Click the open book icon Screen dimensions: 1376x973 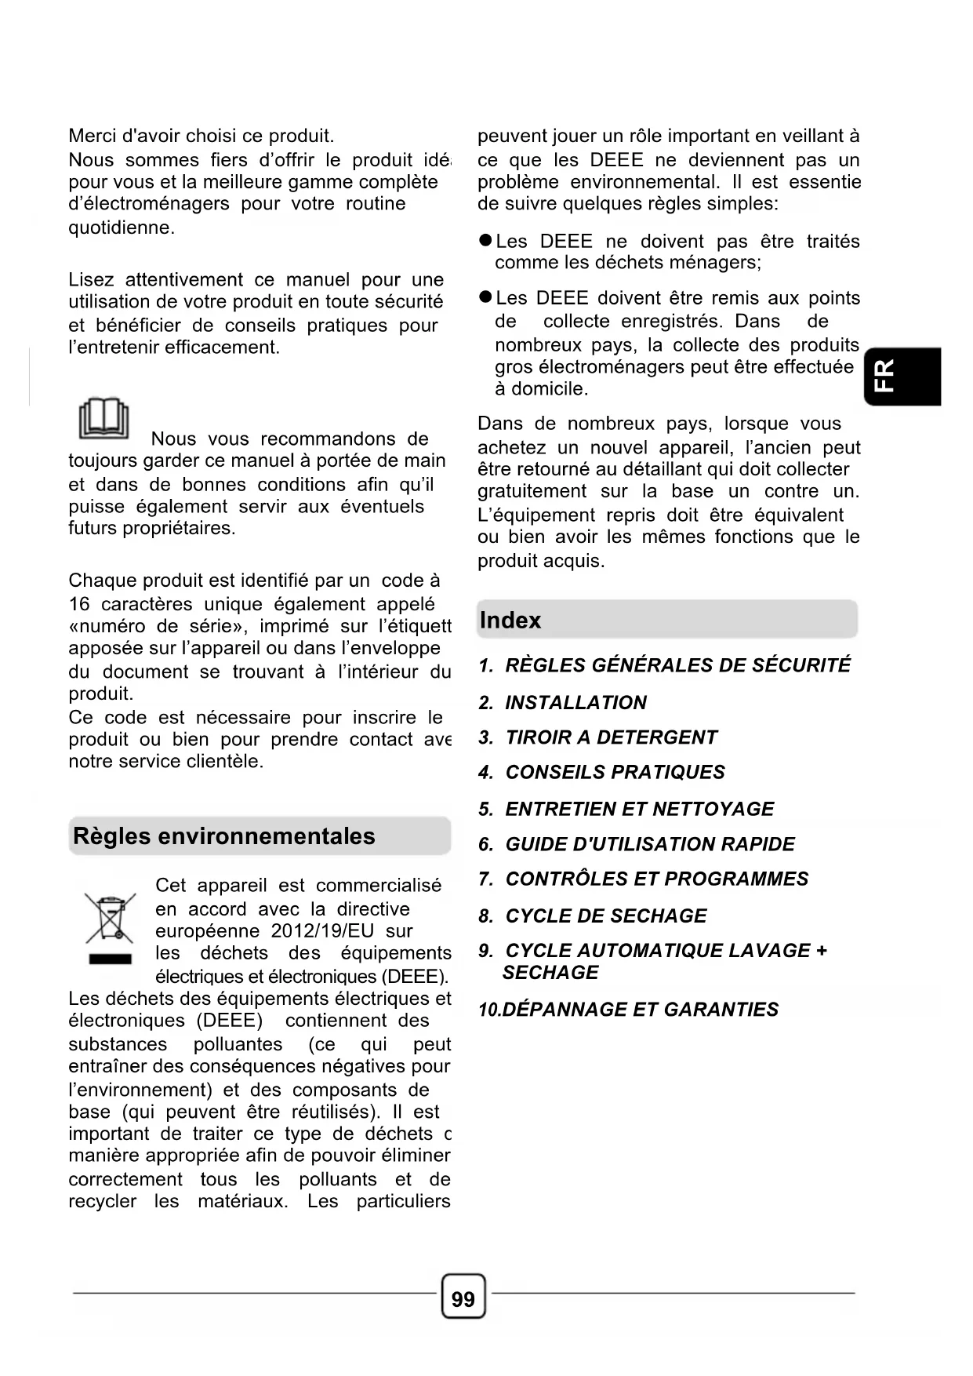103,419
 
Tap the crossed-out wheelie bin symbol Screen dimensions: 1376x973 110,918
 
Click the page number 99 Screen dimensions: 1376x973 463,1299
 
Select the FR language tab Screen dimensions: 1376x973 902,377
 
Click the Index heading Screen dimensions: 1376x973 510,621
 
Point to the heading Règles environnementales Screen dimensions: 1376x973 224,836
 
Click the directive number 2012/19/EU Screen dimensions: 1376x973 322,931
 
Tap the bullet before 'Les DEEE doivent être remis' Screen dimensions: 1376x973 485,297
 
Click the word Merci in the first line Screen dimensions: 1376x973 93,136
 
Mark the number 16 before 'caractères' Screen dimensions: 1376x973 79,604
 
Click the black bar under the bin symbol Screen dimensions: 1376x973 110,959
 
